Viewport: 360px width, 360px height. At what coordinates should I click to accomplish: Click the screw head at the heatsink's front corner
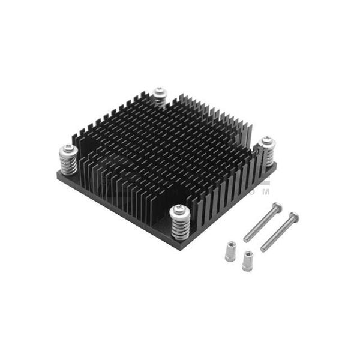178,210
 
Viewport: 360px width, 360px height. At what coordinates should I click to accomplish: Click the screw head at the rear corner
159,92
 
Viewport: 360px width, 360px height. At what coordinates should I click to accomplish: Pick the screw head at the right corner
265,143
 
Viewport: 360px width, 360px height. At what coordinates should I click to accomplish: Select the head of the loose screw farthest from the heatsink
293,216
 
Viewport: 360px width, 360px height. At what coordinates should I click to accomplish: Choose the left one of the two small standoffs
229,251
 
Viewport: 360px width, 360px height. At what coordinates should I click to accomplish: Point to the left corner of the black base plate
58,175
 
